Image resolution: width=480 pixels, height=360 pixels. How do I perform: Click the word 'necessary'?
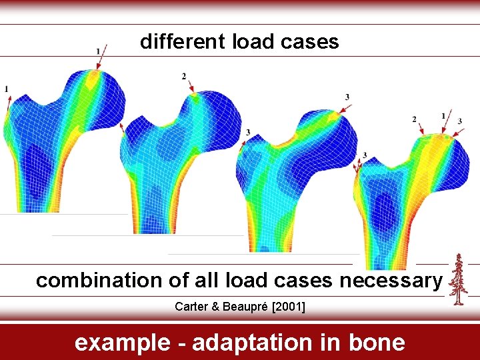pyautogui.click(x=391, y=281)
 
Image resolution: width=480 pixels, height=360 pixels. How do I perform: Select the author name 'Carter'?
pyautogui.click(x=191, y=307)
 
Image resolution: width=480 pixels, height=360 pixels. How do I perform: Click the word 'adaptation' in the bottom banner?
pyautogui.click(x=251, y=342)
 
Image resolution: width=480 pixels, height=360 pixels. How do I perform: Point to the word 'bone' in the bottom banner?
pyautogui.click(x=377, y=342)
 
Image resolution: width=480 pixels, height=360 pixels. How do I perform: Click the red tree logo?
pyautogui.click(x=457, y=279)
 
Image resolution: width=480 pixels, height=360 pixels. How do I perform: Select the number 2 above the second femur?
pyautogui.click(x=184, y=77)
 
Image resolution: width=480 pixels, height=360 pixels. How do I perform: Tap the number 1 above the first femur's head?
pyautogui.click(x=98, y=51)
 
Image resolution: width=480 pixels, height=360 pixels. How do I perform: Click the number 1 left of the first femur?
pyautogui.click(x=6, y=89)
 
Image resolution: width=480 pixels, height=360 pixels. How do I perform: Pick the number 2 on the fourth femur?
pyautogui.click(x=415, y=119)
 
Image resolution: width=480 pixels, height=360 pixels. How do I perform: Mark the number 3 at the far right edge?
pyautogui.click(x=459, y=121)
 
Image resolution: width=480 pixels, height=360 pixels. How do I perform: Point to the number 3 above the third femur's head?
pyautogui.click(x=347, y=97)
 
